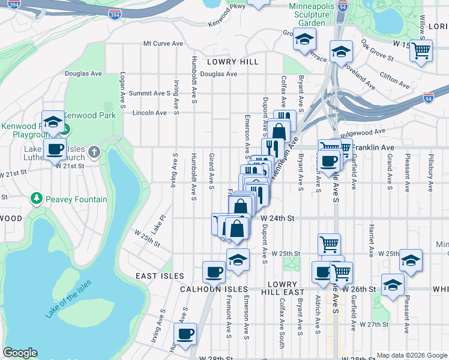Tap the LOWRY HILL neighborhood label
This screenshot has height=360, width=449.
[x=232, y=62]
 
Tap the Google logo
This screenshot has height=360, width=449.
[x=20, y=353]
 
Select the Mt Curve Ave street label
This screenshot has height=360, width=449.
[x=163, y=44]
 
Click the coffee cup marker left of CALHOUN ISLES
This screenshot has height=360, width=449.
[x=214, y=272]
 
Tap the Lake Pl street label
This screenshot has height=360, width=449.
[x=158, y=225]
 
